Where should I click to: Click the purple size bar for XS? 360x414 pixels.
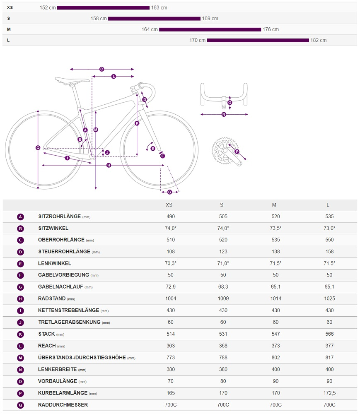pos(103,7)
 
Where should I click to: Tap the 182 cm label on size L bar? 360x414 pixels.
pos(319,40)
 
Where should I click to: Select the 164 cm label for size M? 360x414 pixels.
pos(150,29)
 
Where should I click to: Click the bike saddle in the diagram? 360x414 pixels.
pos(72,80)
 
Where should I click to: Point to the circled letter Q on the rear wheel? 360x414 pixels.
pos(38,147)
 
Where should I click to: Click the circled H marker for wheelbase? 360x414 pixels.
pos(109,165)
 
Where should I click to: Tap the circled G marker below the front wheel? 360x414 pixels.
pos(169,192)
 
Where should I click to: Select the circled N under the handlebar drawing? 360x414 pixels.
pos(224,114)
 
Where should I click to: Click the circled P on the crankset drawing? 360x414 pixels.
pos(237,152)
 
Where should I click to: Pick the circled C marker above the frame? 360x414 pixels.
pos(101,69)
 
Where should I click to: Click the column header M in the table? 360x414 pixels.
pos(274,205)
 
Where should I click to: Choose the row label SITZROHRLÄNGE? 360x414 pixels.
pos(59,217)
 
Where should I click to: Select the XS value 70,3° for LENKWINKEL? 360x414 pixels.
pos(170,263)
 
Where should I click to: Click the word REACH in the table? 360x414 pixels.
pos(46,346)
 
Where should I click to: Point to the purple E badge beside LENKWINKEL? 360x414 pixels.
pos(21,263)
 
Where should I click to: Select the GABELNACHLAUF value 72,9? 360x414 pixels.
pos(170,287)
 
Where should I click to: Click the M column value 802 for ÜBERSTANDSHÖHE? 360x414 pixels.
pos(275,357)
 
